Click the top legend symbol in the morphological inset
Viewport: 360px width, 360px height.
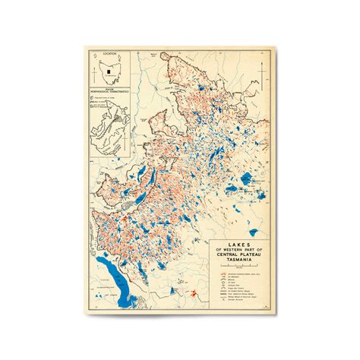[x=95, y=99]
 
